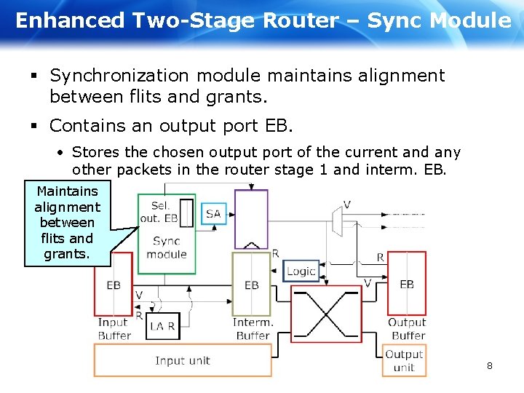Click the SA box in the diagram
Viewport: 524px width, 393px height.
pyautogui.click(x=213, y=213)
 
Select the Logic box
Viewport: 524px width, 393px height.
pyautogui.click(x=301, y=271)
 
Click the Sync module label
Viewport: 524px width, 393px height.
pyautogui.click(x=166, y=247)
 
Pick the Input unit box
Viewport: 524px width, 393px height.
pyautogui.click(x=182, y=360)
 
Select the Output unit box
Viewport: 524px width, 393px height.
pyautogui.click(x=404, y=361)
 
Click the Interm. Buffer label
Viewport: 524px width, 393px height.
pyautogui.click(x=253, y=329)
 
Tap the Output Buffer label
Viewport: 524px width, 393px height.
pyautogui.click(x=407, y=329)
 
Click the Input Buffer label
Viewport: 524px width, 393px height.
pyautogui.click(x=114, y=329)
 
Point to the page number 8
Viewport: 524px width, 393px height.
pyautogui.click(x=489, y=365)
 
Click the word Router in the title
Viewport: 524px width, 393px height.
pyautogui.click(x=300, y=20)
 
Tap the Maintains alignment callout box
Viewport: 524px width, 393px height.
pyautogui.click(x=67, y=223)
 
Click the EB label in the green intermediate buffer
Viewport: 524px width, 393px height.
pyautogui.click(x=251, y=285)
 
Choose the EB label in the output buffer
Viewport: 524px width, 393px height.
pyautogui.click(x=407, y=284)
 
